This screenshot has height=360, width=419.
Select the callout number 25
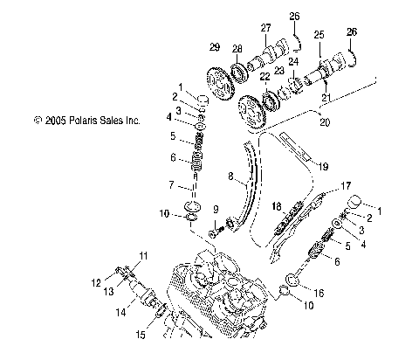point(319,34)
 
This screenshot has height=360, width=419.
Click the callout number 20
point(326,122)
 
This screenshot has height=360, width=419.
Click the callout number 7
point(171,184)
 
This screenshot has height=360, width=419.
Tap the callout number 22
point(263,78)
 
